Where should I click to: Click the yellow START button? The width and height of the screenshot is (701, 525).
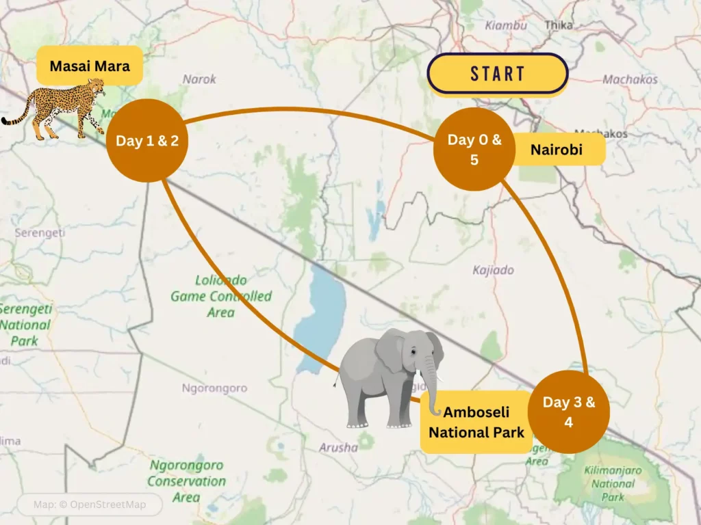pos(498,73)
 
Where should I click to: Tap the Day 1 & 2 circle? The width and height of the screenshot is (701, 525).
pos(147,141)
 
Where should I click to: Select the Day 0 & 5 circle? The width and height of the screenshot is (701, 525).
pos(474,149)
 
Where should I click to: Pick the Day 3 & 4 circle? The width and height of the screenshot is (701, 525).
pos(569,412)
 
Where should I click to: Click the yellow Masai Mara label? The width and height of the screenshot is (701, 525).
pos(90,66)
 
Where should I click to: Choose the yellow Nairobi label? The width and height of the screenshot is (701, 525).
pos(557,149)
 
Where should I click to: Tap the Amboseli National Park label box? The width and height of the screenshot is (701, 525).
pos(476,422)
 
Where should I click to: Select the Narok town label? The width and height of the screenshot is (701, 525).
pos(199,79)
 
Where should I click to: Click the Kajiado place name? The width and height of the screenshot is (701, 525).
pos(493,270)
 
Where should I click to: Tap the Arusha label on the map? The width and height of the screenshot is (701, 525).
pos(338,448)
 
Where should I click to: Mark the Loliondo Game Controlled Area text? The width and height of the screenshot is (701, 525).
pos(221,296)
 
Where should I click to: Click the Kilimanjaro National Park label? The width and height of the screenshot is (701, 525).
pos(613,483)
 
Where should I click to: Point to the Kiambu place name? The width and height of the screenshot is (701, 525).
pos(506,25)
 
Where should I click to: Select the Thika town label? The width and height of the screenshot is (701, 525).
pos(559,25)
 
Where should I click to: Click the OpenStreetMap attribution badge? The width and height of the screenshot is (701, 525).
pos(90,505)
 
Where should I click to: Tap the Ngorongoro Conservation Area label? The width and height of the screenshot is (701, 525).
pos(186,481)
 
